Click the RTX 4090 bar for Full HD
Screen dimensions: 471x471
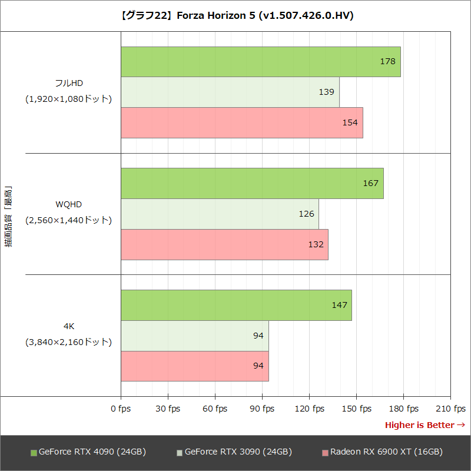coord(260,62)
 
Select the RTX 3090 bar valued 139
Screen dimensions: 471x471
coord(230,92)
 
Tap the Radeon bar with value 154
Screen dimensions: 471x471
coord(241,122)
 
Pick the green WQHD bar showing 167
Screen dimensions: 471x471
coord(252,183)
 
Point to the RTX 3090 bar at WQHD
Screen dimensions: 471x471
coord(220,214)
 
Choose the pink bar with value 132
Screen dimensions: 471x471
coord(224,244)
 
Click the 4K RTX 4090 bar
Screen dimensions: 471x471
coord(236,305)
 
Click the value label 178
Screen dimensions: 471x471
coord(387,61)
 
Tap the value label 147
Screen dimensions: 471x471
coord(339,305)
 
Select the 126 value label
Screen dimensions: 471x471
coord(306,214)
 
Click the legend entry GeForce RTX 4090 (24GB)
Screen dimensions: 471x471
coord(88,452)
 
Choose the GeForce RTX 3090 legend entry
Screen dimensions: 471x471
coord(234,452)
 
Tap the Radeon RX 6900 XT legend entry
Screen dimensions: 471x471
coord(382,452)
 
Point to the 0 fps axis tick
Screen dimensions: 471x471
coord(121,409)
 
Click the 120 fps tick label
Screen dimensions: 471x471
coord(309,409)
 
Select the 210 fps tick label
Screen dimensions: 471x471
coord(450,409)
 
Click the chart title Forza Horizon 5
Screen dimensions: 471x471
coord(235,16)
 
